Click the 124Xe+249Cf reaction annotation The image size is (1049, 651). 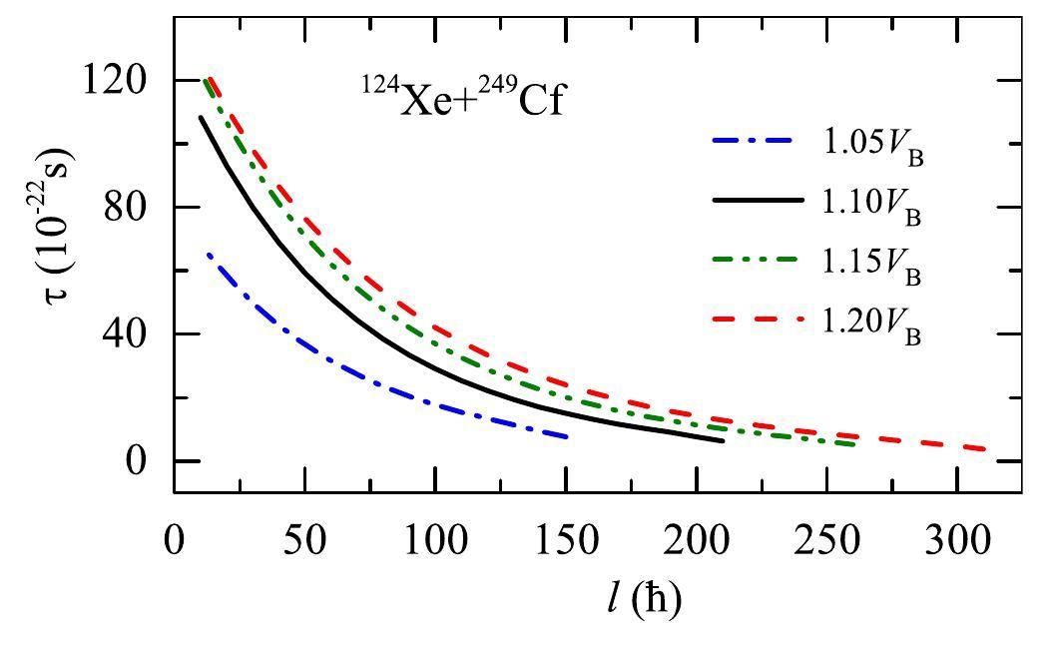(463, 100)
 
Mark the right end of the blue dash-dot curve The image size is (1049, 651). (567, 437)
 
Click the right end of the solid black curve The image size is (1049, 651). (723, 440)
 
